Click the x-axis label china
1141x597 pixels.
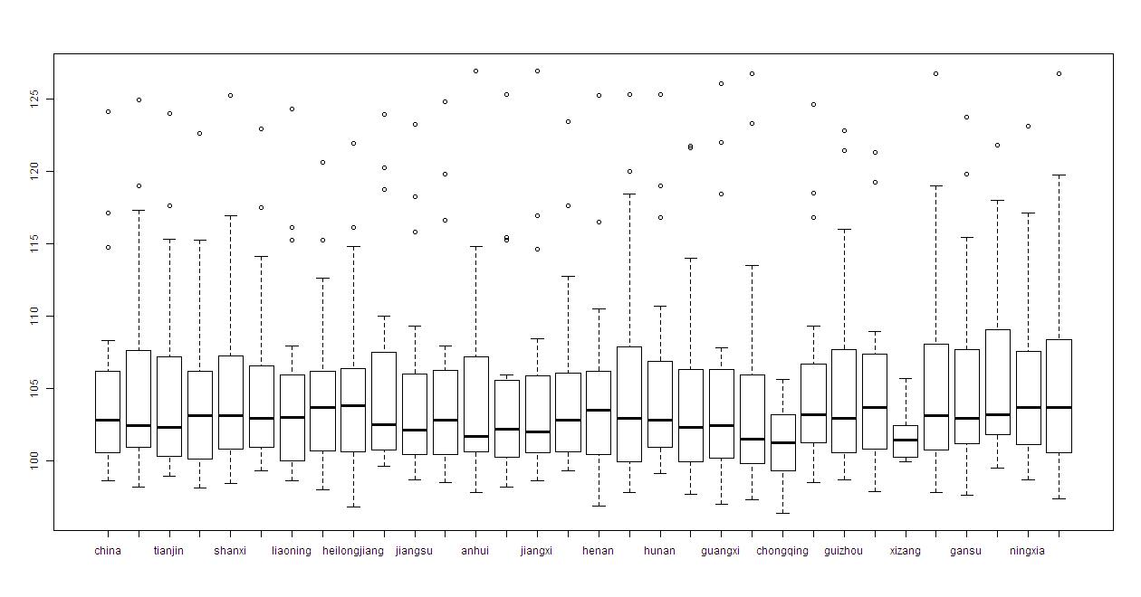[108, 551]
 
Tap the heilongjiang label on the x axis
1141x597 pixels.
[353, 551]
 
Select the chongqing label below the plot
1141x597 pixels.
[782, 551]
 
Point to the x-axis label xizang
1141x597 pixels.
[905, 551]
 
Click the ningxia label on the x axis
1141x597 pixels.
[1027, 551]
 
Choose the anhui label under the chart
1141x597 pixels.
[475, 551]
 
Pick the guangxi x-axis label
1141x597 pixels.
[721, 551]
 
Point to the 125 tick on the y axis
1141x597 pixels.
[34, 98]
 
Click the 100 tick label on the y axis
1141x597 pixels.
[34, 460]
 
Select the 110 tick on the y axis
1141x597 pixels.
[34, 316]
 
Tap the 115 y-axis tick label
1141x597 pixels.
[34, 243]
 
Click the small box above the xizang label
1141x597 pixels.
[905, 441]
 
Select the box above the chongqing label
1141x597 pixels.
[782, 442]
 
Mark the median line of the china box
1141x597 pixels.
[108, 420]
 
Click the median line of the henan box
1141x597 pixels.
[598, 410]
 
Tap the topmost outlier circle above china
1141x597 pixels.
[108, 111]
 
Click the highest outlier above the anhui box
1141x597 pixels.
[475, 71]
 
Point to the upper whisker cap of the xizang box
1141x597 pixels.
[905, 378]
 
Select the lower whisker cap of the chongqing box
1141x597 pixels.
[782, 513]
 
